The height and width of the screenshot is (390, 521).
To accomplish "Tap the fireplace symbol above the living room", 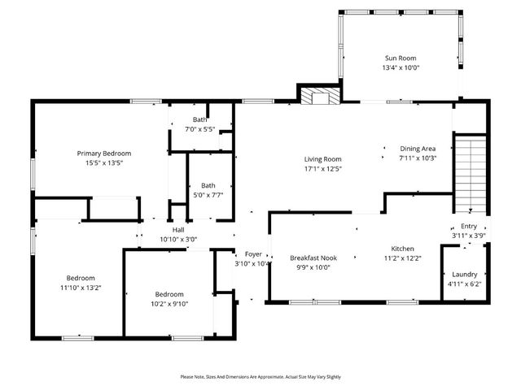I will (317, 97).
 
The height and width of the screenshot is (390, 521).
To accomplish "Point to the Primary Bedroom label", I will (104, 153).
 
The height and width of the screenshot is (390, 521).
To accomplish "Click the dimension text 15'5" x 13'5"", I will (104, 162).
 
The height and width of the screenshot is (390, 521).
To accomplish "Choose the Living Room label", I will (322, 159).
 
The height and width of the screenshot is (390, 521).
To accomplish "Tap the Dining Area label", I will (418, 149).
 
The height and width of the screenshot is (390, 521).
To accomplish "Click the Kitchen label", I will (403, 249).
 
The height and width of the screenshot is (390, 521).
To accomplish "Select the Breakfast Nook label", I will (313, 258).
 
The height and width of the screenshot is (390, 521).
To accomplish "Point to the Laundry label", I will (464, 275).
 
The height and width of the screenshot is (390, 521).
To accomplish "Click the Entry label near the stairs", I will (469, 227).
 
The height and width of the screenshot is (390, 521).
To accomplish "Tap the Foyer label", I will (252, 254).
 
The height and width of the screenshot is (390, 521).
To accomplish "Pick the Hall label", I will (178, 230).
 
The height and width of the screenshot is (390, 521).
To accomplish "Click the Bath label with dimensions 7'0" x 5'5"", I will (199, 119).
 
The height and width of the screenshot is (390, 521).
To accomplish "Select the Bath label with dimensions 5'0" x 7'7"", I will (208, 184).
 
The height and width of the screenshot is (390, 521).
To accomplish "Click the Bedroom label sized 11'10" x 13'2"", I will (81, 278).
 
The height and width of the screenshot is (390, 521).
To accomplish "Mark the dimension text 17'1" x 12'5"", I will (322, 169).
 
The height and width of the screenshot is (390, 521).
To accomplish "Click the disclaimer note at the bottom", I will (260, 377).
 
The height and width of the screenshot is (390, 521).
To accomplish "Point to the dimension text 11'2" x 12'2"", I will (403, 258).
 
